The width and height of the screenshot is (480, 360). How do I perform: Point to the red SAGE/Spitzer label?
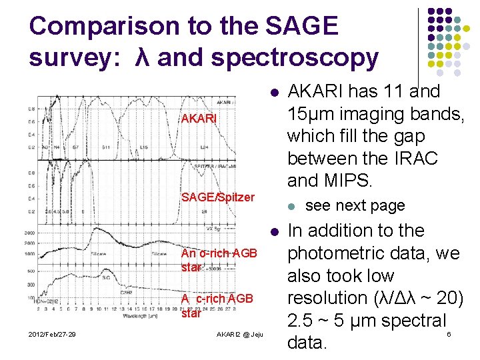tap(218, 197)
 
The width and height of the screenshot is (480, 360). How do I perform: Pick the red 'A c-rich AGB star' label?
tap(217, 305)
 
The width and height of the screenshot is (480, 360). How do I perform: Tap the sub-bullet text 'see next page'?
tap(355, 205)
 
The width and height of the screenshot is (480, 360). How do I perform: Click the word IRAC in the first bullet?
tap(416, 159)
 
